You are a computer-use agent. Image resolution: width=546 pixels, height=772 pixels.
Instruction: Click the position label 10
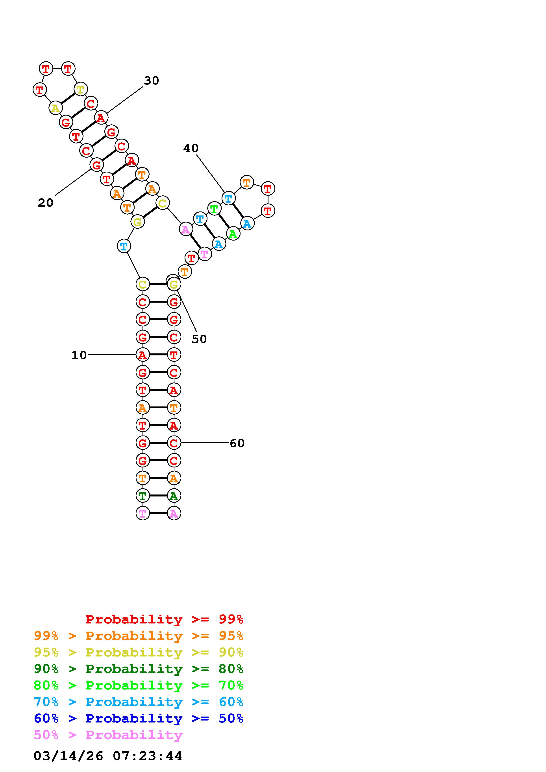(79, 355)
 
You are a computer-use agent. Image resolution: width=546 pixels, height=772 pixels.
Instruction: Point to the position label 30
(151, 81)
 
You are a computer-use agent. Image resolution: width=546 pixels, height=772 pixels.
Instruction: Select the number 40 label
(191, 148)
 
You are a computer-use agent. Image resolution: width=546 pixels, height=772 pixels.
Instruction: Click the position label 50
(199, 339)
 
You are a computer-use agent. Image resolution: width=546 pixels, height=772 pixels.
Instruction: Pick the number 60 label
(237, 443)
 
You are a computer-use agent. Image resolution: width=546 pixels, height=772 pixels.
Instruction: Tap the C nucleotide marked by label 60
(174, 443)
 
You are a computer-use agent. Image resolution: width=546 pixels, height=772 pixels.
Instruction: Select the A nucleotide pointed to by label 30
(101, 118)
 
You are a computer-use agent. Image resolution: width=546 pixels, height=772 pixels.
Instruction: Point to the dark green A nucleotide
(174, 496)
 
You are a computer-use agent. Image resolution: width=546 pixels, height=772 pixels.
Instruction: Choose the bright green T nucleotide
(214, 209)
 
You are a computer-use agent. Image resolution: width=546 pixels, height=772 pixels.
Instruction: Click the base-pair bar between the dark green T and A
(158, 496)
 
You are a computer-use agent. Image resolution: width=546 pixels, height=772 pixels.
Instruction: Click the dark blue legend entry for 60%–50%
(139, 718)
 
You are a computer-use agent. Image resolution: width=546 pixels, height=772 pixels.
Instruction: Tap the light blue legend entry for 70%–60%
(139, 702)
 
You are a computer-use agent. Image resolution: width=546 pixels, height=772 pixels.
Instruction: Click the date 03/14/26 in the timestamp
(68, 756)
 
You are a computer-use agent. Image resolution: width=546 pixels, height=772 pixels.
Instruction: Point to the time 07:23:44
(147, 756)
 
